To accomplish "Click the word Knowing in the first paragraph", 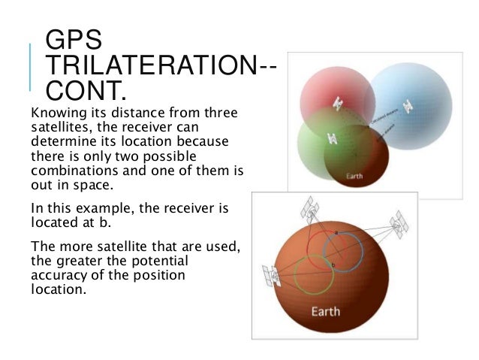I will pyautogui.click(x=54, y=113).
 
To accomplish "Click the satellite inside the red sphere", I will pyautogui.click(x=338, y=101).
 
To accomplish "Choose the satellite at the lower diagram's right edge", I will pyautogui.click(x=399, y=220).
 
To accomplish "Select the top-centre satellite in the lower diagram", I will pyautogui.click(x=309, y=206).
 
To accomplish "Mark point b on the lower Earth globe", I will pyautogui.click(x=333, y=265).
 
